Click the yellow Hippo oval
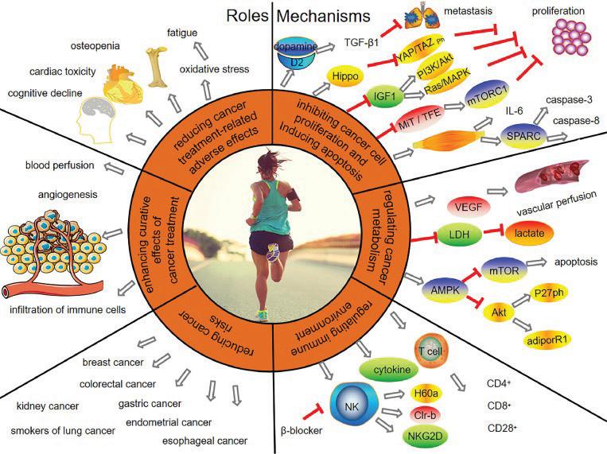tap(345, 76)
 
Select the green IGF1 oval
tap(384, 96)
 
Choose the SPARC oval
tap(523, 136)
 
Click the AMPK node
tap(446, 289)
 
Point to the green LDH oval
tap(460, 234)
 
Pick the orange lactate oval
tap(529, 234)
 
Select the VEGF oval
tap(469, 207)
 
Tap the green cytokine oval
tap(391, 370)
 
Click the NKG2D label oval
tap(425, 436)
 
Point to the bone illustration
tap(157, 68)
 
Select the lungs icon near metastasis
tap(420, 18)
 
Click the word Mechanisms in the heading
tap(323, 16)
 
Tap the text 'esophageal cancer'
tap(204, 440)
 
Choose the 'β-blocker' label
tap(301, 430)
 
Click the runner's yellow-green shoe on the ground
tap(262, 315)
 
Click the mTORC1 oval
tap(487, 96)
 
